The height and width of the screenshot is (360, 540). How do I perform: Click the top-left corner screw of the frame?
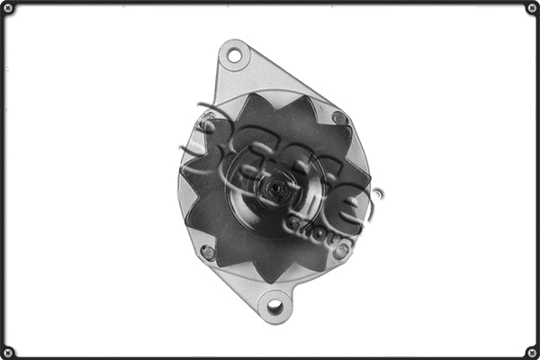tap(8, 8)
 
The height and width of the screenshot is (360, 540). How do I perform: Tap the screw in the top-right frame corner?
tap(532, 8)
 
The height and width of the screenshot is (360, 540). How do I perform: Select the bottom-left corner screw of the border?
tap(8, 352)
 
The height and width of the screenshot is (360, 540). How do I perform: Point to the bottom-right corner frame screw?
tap(532, 352)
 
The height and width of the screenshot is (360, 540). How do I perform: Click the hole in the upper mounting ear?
tap(234, 56)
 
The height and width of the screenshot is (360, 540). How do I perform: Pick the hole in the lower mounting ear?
tap(274, 306)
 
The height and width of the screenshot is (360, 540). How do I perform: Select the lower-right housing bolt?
tap(341, 251)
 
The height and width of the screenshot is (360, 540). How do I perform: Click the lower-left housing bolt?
tap(208, 252)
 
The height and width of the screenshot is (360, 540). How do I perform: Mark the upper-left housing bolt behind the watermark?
tap(209, 121)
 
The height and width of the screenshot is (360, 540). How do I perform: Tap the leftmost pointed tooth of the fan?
tap(184, 169)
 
